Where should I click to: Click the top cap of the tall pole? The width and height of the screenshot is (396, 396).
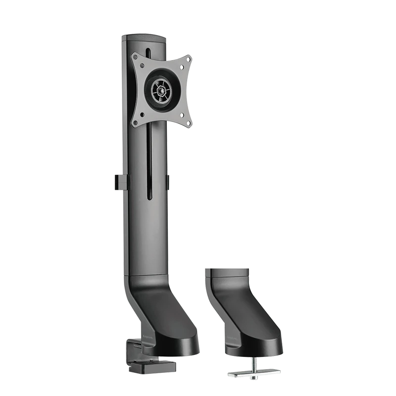[x=143, y=36]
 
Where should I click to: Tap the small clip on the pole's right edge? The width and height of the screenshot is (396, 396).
[x=168, y=181]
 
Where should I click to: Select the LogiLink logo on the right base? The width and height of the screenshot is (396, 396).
[x=231, y=339]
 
